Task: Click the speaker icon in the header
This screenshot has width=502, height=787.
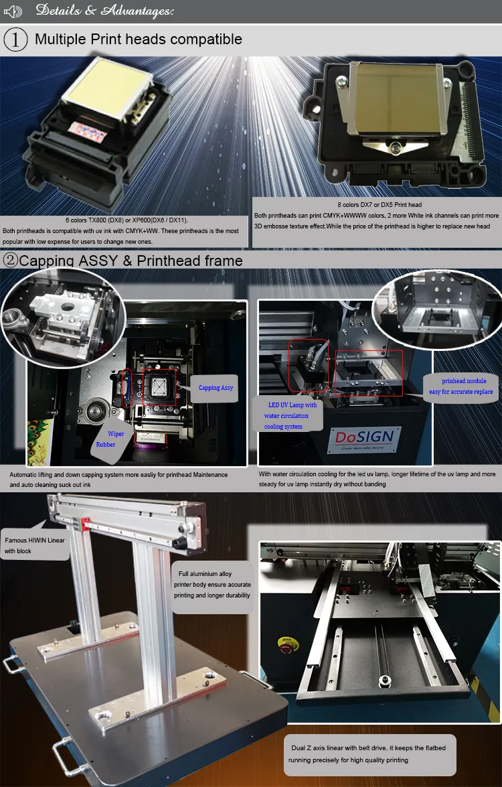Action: [13, 11]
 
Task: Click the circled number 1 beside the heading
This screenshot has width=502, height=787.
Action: [15, 40]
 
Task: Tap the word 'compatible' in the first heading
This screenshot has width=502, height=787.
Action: [206, 40]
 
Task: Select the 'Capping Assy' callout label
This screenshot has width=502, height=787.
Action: [216, 388]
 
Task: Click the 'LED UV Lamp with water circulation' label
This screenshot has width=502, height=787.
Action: [290, 415]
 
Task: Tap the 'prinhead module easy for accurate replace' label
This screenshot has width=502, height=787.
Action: [461, 386]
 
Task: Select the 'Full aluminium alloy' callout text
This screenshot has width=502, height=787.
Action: [214, 584]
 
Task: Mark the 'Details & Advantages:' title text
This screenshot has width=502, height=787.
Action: [104, 11]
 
